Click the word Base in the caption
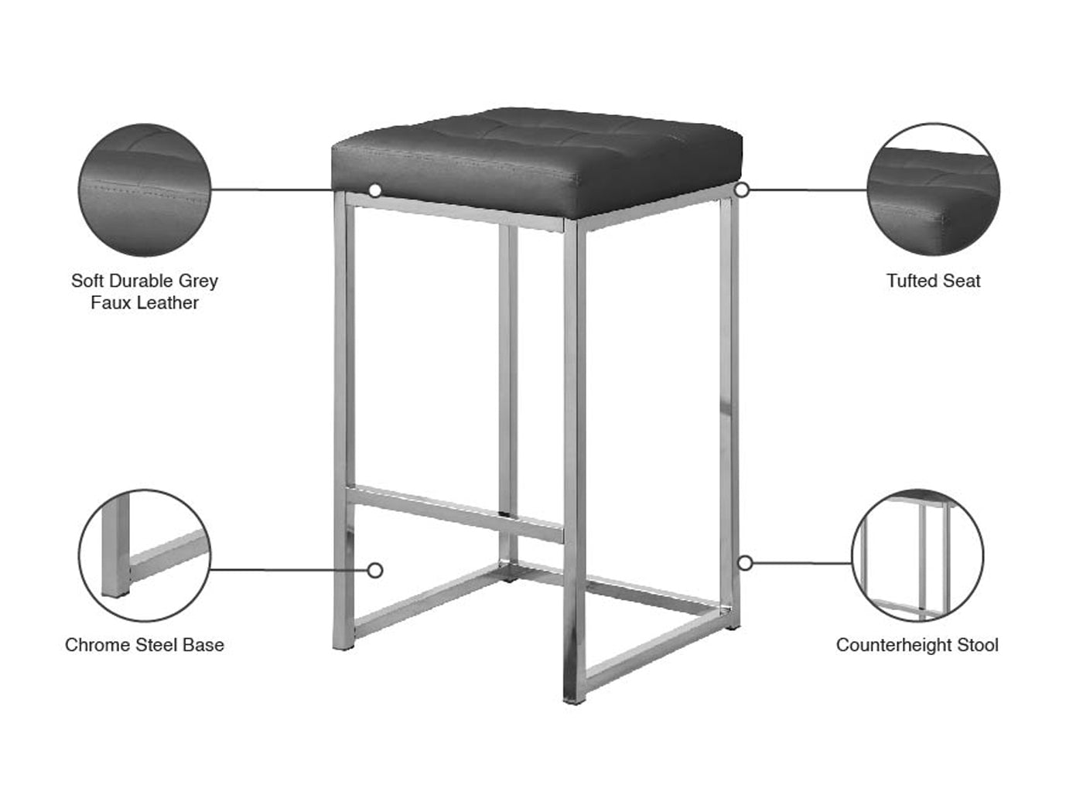[203, 645]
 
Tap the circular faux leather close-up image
[145, 189]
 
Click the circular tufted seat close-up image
[934, 189]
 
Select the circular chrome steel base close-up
[145, 555]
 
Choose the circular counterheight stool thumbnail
[917, 555]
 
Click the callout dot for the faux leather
[375, 190]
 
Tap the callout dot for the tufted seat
[742, 189]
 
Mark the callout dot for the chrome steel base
[375, 571]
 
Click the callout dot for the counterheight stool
[745, 563]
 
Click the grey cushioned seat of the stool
[537, 162]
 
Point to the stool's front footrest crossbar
[454, 513]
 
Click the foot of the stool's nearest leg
[574, 700]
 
